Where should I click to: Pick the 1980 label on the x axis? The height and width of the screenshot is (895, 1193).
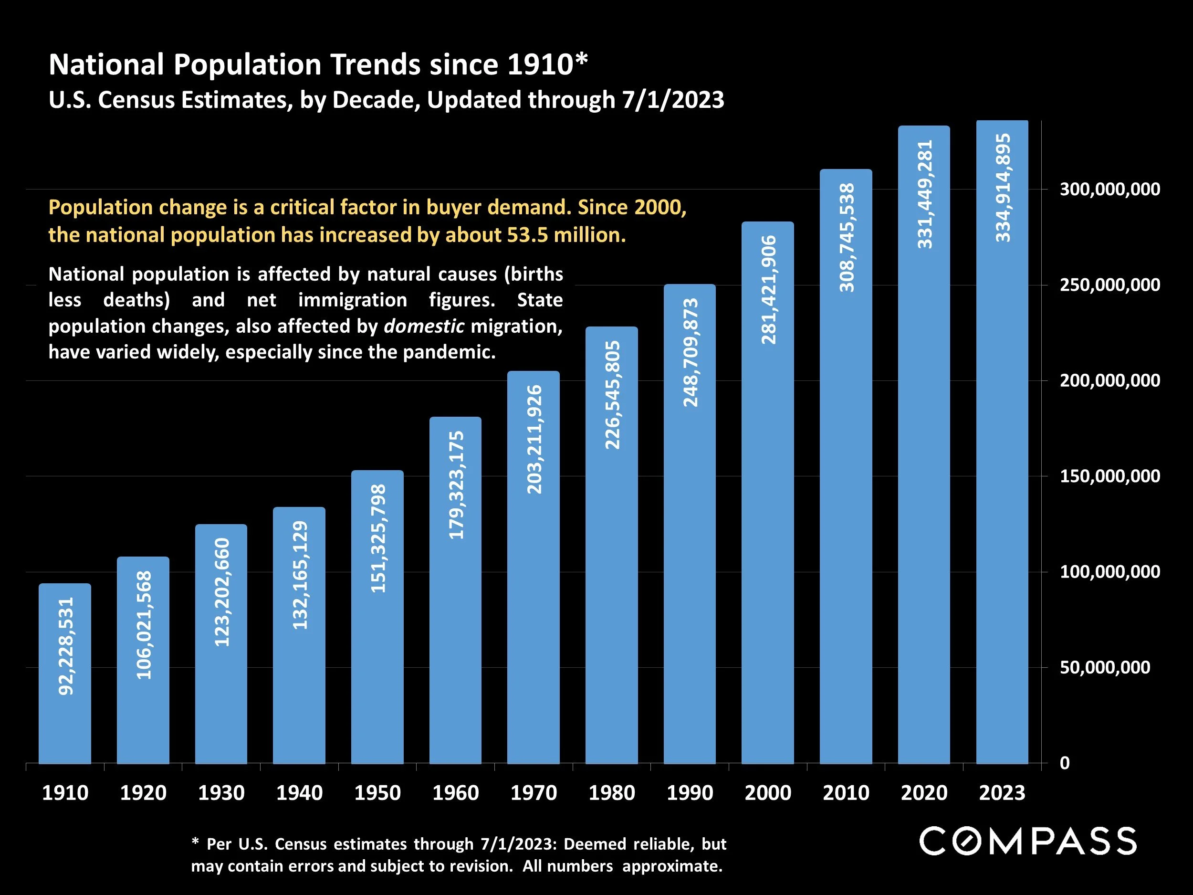point(612,792)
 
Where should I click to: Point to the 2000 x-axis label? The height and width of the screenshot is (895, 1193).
point(767,792)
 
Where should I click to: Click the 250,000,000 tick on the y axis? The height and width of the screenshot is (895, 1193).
point(1109,285)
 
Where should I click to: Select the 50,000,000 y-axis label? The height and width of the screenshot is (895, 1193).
point(1105,667)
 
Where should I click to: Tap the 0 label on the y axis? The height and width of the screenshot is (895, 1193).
point(1065,763)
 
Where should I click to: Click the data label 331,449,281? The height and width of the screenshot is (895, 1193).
point(924,194)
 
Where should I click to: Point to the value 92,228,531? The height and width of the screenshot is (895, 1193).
point(66,646)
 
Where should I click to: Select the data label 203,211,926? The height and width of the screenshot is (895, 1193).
point(534,439)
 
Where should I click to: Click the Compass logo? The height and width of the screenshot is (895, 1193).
point(1028,841)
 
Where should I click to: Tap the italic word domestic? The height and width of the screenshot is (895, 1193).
point(424,326)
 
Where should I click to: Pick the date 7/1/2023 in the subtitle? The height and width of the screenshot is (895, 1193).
point(672,100)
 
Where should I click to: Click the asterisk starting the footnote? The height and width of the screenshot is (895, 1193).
point(195,842)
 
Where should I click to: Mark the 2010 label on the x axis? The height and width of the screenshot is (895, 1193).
point(846,792)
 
